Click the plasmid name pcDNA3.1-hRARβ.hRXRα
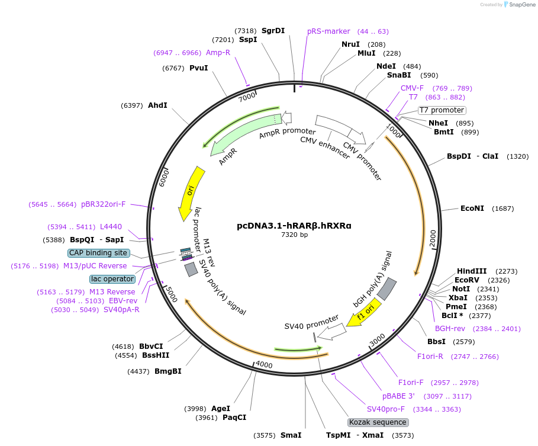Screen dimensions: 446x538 pos(294,225)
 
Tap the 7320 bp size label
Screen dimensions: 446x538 pos(294,235)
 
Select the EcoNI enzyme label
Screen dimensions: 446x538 pos(472,208)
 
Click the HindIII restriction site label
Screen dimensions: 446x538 pos(472,271)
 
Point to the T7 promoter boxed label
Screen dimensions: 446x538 pos(442,110)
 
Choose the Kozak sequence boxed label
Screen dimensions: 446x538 pos(378,422)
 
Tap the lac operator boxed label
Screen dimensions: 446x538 pos(112,279)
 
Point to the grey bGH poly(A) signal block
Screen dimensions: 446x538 pos(387,288)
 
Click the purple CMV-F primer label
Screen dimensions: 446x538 pos(412,88)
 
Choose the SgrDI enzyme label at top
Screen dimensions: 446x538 pos(273,31)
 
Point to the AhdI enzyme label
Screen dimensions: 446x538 pos(157,105)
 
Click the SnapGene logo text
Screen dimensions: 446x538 pos(520,5)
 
